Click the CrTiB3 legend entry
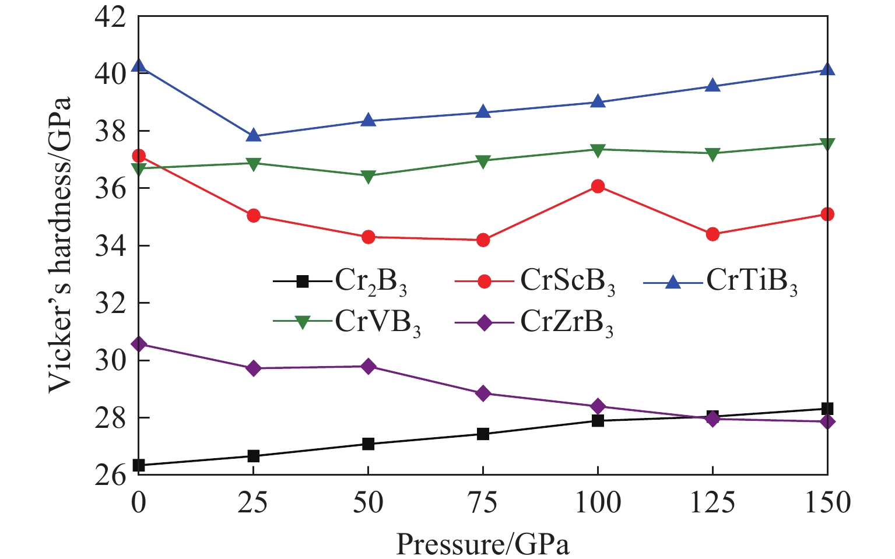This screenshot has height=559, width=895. pyautogui.click(x=751, y=282)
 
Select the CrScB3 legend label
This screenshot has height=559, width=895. pyautogui.click(x=567, y=282)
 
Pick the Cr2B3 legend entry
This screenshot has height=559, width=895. pyautogui.click(x=370, y=282)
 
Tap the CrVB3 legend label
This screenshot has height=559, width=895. pyautogui.click(x=377, y=322)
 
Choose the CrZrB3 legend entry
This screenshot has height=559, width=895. pyautogui.click(x=566, y=322)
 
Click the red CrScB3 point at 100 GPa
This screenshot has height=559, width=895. pyautogui.click(x=598, y=187)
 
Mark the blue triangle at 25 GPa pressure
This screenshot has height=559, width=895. pyautogui.click(x=253, y=135)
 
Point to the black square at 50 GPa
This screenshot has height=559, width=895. pyautogui.click(x=368, y=444)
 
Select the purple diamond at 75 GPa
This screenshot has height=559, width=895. pyautogui.click(x=483, y=393)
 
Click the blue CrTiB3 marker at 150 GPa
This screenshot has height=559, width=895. pyautogui.click(x=827, y=69)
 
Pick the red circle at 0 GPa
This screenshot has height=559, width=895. pyautogui.click(x=139, y=156)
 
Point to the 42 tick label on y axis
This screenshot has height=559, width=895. pyautogui.click(x=111, y=17)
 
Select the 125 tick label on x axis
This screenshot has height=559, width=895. pyautogui.click(x=713, y=502)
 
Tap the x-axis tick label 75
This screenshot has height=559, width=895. pyautogui.click(x=483, y=502)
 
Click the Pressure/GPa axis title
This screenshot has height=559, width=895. pyautogui.click(x=483, y=544)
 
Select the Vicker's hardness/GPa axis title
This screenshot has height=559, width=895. pyautogui.click(x=60, y=245)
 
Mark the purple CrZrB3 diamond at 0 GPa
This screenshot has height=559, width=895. pyautogui.click(x=139, y=344)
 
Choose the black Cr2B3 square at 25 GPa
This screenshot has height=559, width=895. pyautogui.click(x=253, y=456)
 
